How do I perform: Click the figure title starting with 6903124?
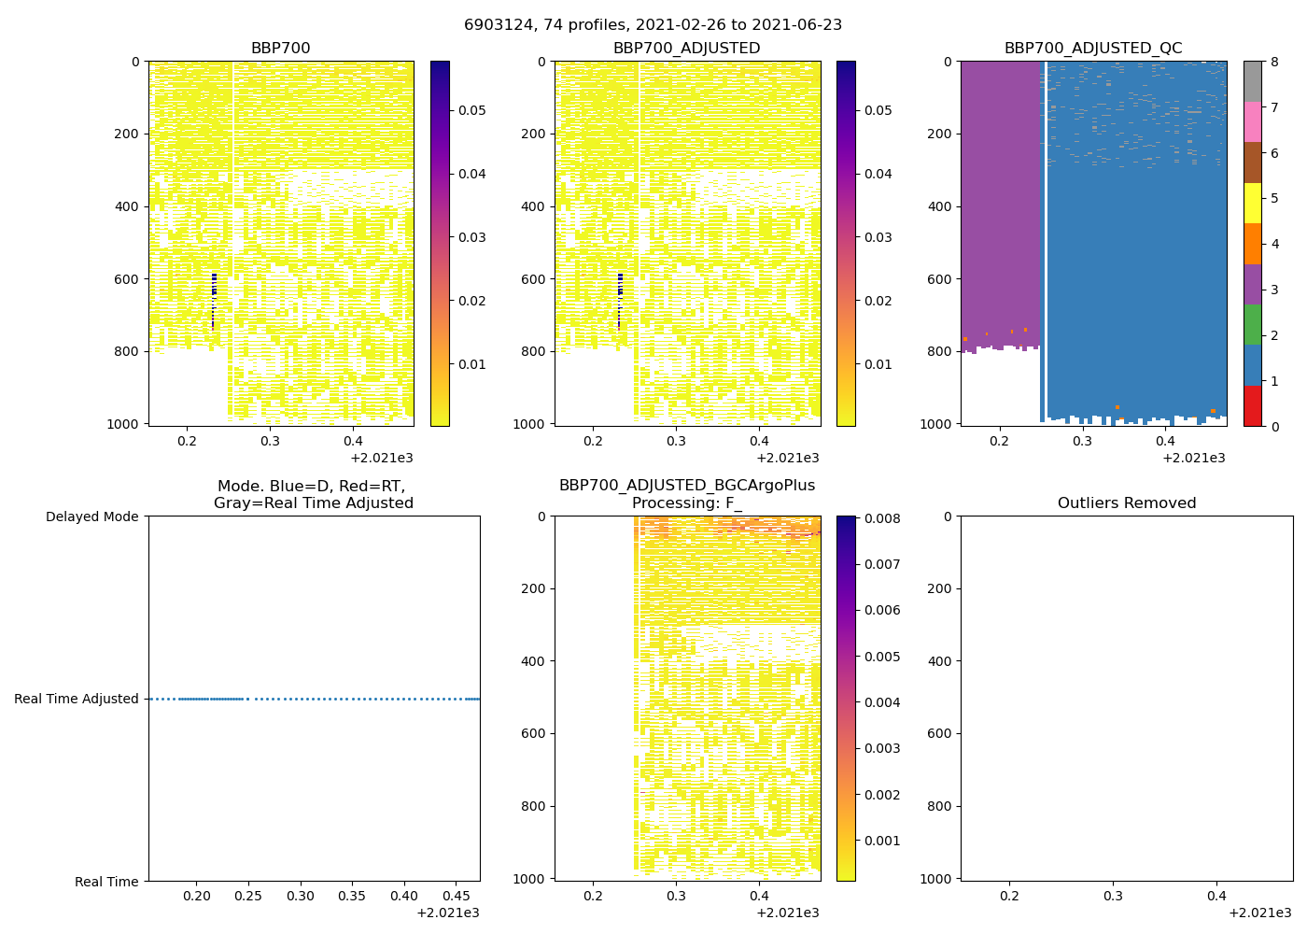(x=653, y=25)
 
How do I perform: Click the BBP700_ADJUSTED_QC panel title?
(x=1093, y=49)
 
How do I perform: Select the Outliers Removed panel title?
(x=1126, y=503)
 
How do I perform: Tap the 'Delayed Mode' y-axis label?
(x=91, y=517)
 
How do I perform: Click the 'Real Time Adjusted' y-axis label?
(x=77, y=699)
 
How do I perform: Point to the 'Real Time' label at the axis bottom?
(x=106, y=882)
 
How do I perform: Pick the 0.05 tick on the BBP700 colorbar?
(x=471, y=110)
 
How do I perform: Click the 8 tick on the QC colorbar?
(x=1274, y=62)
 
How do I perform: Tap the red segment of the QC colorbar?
(x=1252, y=406)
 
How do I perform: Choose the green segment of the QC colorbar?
(x=1252, y=325)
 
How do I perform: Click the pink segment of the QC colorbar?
(x=1252, y=122)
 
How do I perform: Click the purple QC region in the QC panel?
(x=999, y=205)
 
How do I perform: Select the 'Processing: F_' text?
(x=686, y=503)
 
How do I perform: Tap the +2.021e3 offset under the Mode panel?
(x=447, y=913)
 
